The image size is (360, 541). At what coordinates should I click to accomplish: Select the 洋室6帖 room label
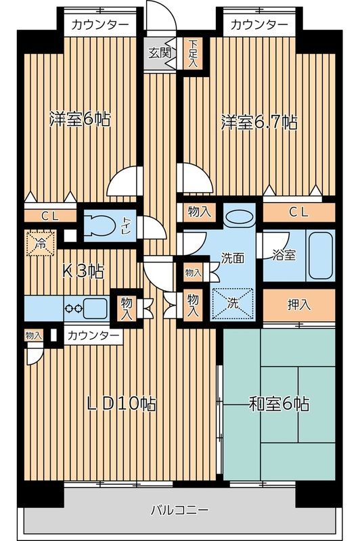pos(80,120)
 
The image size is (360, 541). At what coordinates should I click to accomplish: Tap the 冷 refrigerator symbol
pos(41,243)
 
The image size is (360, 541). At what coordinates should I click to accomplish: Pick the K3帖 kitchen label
pos(83,273)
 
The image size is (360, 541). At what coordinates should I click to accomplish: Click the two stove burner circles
pos(74,308)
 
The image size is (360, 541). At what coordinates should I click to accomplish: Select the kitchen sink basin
pos(95,308)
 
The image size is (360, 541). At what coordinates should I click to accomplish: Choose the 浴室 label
pos(283,255)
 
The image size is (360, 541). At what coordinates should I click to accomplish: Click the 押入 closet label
pos(298,304)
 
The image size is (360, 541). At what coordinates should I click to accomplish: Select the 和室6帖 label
pos(279,404)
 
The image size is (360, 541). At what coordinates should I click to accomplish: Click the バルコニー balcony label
pos(179,509)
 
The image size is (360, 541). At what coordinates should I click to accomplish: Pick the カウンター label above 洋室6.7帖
pos(258,25)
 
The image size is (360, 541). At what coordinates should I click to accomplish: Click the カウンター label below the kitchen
pos(93,336)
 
